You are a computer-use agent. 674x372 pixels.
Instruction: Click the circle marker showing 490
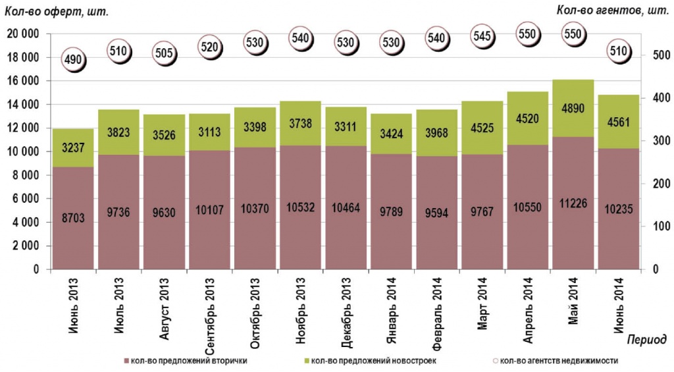coord(73,60)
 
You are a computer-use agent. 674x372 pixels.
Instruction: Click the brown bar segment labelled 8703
coord(73,217)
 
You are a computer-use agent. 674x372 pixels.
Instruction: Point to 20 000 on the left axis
coord(22,34)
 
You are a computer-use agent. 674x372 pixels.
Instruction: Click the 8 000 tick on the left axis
coord(26,175)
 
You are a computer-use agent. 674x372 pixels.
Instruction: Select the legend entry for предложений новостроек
coord(373,360)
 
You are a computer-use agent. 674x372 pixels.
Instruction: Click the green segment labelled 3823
coord(118,132)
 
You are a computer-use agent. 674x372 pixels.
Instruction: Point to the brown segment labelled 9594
coord(436,213)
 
